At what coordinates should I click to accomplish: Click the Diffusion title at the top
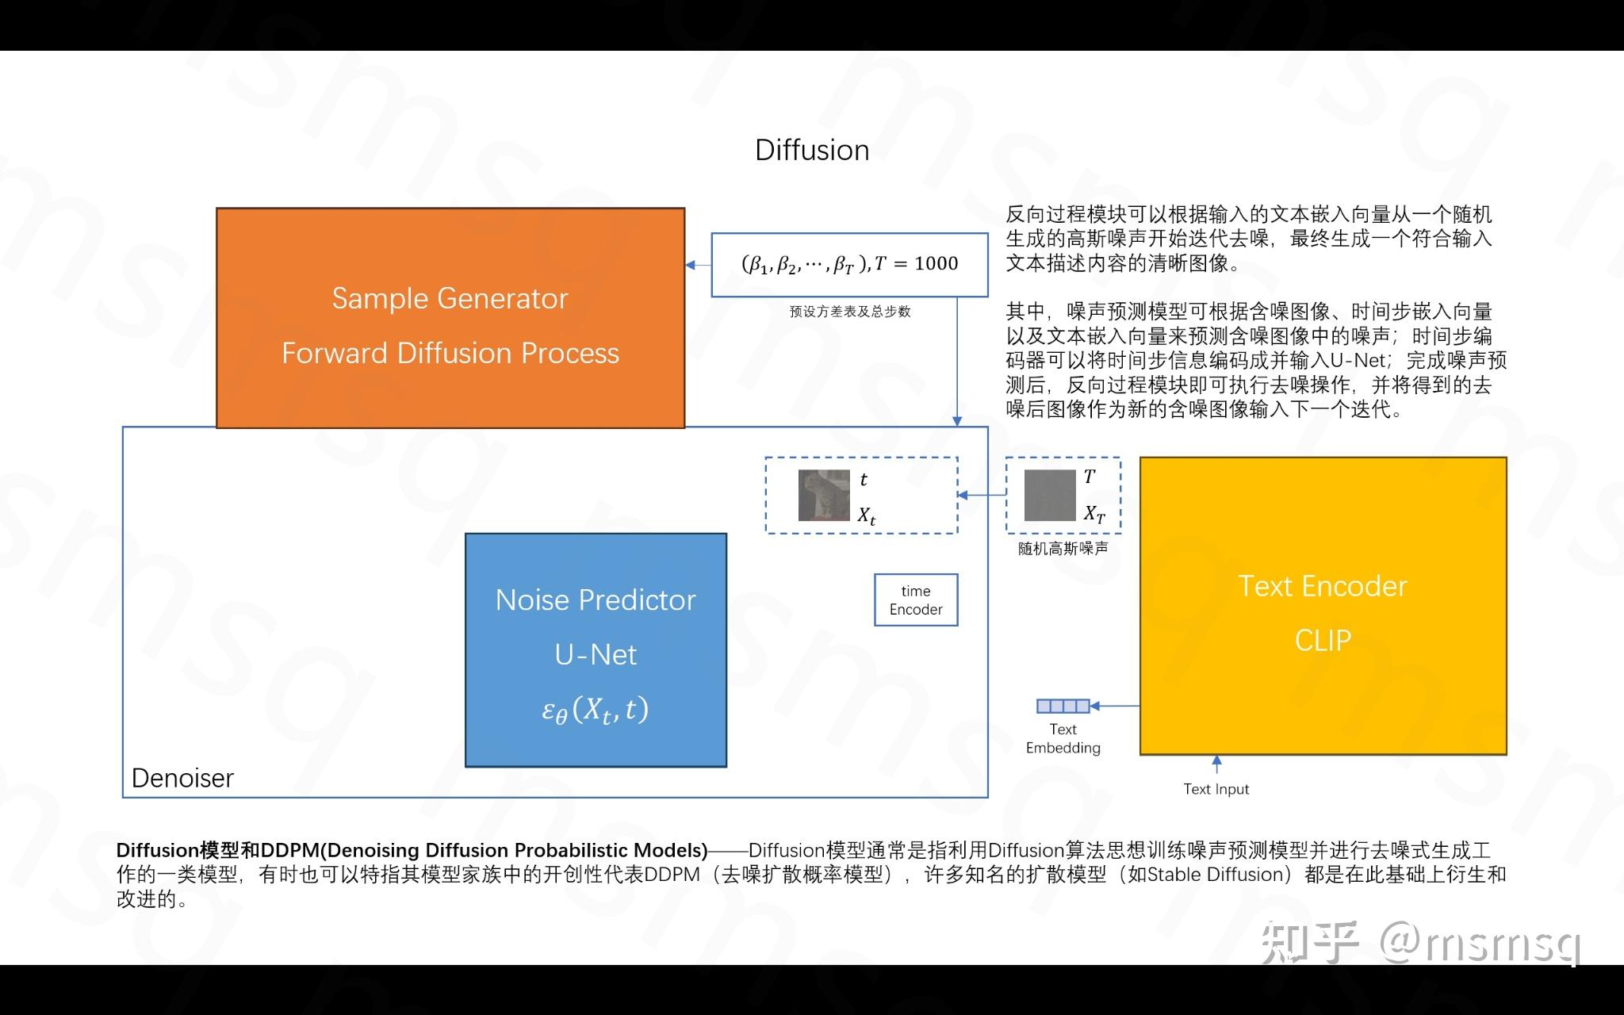tap(812, 150)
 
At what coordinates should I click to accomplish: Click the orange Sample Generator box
tap(450, 318)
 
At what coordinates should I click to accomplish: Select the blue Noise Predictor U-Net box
tap(596, 649)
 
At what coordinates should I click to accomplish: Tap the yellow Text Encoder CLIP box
tap(1323, 606)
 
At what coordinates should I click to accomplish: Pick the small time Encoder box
tap(916, 600)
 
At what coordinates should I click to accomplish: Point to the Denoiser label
tap(182, 778)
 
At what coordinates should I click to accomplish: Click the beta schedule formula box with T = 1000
tap(849, 264)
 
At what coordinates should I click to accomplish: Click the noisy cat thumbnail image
tap(824, 496)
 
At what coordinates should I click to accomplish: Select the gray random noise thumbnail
tap(1050, 496)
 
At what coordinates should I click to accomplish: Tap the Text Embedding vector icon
tap(1063, 706)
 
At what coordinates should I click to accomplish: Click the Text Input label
tap(1216, 789)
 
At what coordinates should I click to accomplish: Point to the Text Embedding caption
tap(1063, 738)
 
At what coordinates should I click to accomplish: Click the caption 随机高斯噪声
tap(1063, 549)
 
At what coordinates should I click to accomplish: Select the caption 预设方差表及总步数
tap(850, 312)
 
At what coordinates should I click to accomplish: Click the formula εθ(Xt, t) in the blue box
tap(596, 710)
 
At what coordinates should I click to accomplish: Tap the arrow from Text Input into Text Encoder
tap(1216, 764)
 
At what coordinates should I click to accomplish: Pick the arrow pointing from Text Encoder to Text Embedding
tap(1115, 706)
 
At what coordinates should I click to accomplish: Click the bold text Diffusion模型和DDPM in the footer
tap(219, 850)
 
